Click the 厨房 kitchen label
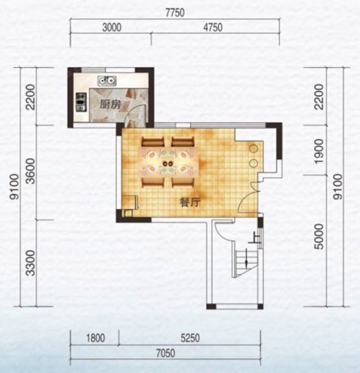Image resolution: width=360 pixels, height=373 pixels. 110,104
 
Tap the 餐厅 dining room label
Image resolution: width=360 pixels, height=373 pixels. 190,203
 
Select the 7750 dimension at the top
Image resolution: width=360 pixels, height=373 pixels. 175,13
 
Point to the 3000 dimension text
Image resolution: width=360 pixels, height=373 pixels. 112,28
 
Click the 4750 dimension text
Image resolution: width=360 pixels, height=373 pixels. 212,28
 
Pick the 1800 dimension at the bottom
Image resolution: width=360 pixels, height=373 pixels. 95,338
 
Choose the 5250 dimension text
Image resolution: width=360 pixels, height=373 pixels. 190,338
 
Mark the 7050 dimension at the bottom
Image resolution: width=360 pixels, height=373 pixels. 165,353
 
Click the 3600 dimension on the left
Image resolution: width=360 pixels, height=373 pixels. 31,171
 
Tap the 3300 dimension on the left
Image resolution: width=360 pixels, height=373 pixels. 31,263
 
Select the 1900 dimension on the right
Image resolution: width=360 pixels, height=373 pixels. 319,151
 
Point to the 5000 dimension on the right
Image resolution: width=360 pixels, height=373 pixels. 319,236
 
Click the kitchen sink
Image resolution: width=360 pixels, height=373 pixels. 107,81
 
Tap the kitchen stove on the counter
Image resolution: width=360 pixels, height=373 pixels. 80,102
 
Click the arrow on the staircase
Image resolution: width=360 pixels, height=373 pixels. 246,257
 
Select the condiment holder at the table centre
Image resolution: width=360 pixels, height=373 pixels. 168,163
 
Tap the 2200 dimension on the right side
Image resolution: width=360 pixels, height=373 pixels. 319,97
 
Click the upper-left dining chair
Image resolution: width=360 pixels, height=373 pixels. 153,142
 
